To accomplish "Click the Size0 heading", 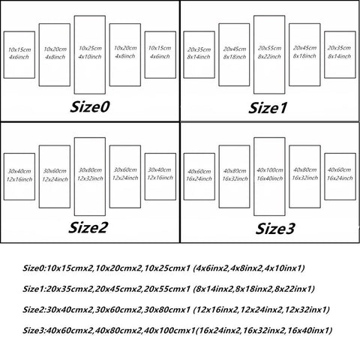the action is [x=89, y=106].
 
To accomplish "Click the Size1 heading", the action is [x=268, y=108].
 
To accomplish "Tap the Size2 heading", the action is [x=88, y=227].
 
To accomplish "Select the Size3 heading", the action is [x=275, y=229].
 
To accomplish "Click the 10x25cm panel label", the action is [x=90, y=48].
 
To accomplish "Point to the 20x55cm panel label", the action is [x=269, y=48].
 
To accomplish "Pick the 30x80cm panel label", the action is [x=90, y=170].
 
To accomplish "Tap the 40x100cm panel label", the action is [x=270, y=170].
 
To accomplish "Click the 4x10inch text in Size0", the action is [x=90, y=57].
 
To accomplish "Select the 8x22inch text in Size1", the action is [x=269, y=56].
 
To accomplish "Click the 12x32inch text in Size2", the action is [x=90, y=178].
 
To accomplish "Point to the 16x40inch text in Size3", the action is [x=270, y=178].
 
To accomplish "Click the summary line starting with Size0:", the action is [x=163, y=268].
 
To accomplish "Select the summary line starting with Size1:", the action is [x=169, y=289].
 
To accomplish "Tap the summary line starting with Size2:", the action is [x=176, y=310].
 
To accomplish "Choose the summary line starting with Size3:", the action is [x=178, y=331].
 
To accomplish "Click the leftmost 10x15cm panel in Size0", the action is [x=4, y=55].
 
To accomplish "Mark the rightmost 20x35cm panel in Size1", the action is [x=325, y=55].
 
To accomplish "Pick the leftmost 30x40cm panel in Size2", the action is [x=4, y=176].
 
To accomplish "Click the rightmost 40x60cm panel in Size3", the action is [x=325, y=176].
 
